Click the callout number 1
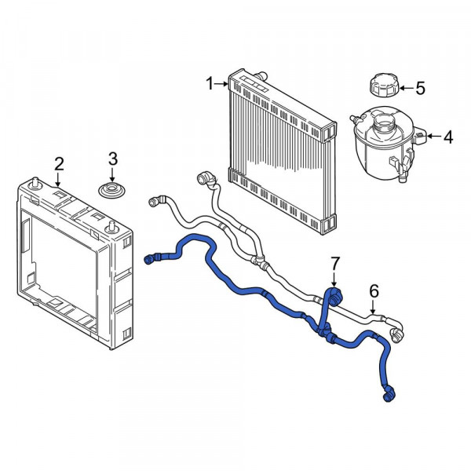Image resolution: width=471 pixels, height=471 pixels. [210, 83]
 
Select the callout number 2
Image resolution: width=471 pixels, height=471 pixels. [59, 164]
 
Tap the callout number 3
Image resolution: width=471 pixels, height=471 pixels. [112, 159]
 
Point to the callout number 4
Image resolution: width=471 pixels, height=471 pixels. [448, 137]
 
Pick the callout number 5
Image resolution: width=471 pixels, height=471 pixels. [420, 88]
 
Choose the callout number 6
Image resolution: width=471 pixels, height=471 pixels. [374, 291]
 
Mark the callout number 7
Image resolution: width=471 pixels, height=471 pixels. [335, 263]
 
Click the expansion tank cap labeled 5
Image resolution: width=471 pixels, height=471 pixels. [384, 85]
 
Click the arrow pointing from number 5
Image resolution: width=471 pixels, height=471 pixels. [407, 88]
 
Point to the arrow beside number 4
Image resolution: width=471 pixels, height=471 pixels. [434, 136]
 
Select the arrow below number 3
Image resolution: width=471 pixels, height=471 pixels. [112, 175]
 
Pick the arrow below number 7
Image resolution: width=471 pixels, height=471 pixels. [334, 279]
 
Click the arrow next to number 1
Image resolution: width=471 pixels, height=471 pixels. [221, 84]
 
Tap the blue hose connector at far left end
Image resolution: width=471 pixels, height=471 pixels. [148, 260]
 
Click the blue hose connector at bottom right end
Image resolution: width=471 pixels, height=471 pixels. [388, 397]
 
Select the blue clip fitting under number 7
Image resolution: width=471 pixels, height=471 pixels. [335, 297]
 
